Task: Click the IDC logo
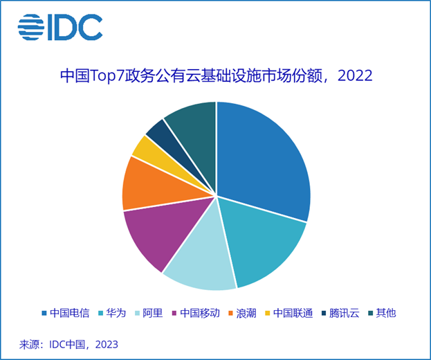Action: pos(60,27)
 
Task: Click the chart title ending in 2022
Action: pos(216,76)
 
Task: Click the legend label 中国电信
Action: pos(70,313)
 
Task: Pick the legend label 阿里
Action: pos(153,313)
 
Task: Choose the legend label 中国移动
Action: pos(200,313)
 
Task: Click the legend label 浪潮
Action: pos(246,313)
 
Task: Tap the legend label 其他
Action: pos(388,313)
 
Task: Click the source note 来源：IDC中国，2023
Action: pos(68,344)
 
